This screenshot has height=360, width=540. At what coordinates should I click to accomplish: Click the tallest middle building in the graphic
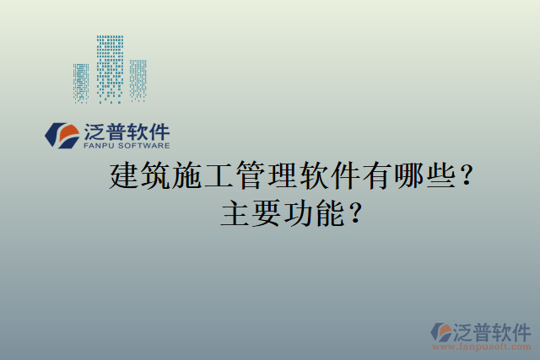click(x=110, y=67)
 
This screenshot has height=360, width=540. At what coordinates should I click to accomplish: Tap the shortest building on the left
click(x=82, y=83)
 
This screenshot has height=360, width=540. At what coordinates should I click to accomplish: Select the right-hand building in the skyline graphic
click(x=138, y=79)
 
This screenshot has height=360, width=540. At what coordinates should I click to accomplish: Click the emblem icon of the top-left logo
click(x=62, y=135)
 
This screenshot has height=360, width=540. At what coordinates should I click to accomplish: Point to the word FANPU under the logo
click(x=97, y=145)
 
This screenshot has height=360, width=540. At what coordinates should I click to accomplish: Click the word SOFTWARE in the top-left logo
click(x=143, y=145)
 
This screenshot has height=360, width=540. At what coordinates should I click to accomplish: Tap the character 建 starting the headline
click(x=125, y=177)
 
